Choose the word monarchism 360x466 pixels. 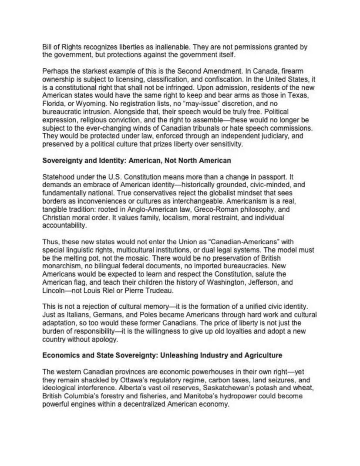click(61, 266)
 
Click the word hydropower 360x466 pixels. click(257, 396)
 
